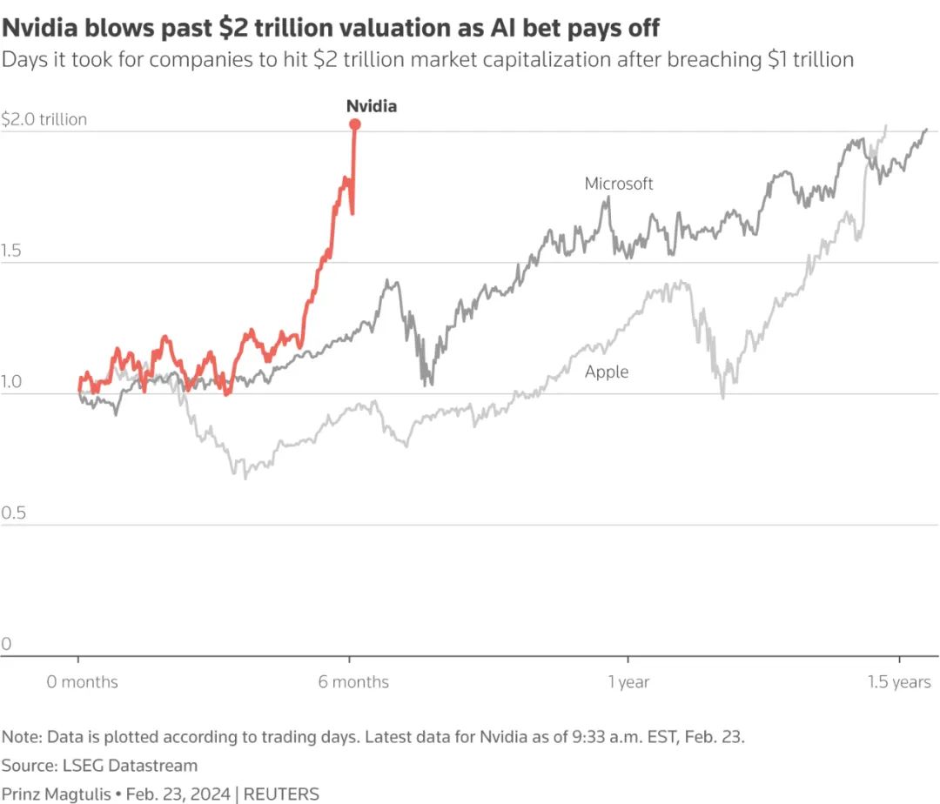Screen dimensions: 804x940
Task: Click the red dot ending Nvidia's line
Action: click(x=355, y=124)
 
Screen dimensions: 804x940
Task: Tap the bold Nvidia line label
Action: click(x=372, y=106)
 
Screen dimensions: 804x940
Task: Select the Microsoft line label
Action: click(x=619, y=184)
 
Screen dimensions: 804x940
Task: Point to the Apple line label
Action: click(x=607, y=372)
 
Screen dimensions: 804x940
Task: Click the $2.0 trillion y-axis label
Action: click(x=44, y=119)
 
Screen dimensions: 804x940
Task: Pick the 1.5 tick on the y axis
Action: click(x=12, y=251)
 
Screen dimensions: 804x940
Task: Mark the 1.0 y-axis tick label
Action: click(x=12, y=382)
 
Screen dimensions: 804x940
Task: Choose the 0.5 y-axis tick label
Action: click(x=12, y=513)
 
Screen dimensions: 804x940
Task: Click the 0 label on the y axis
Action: click(x=6, y=645)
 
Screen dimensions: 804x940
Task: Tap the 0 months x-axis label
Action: click(x=82, y=681)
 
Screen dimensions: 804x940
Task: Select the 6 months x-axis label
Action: click(x=353, y=681)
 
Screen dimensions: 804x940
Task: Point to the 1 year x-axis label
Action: click(x=628, y=681)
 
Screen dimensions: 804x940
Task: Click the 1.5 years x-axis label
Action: click(x=899, y=681)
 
